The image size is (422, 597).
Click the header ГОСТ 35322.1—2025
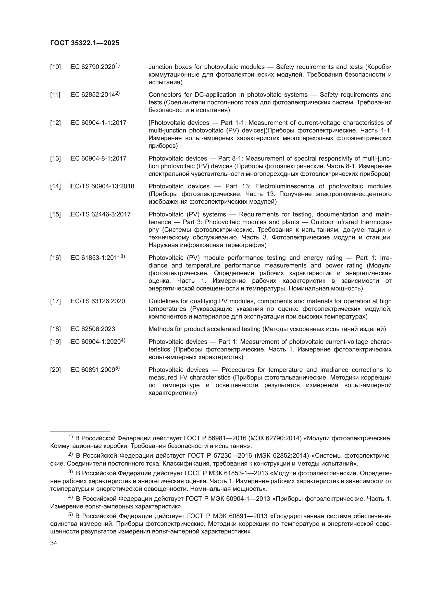(85, 43)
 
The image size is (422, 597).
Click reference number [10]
(55, 67)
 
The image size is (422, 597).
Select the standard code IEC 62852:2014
(92, 95)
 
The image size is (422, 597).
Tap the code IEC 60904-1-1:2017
(97, 123)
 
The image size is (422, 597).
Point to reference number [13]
(55, 159)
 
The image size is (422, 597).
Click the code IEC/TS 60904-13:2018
(101, 186)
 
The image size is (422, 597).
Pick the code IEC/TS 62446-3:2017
(100, 214)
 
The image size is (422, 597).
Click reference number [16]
(55, 258)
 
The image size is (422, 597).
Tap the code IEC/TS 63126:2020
(97, 301)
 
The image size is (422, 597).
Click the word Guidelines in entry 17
(162, 301)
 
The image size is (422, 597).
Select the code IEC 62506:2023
(92, 329)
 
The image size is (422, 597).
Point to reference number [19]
(55, 342)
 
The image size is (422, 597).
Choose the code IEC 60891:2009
(92, 370)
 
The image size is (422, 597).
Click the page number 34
(54, 543)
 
